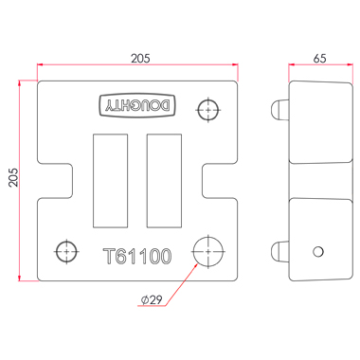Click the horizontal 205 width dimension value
coord(140,59)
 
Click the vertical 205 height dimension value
coord(13,177)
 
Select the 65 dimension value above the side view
coord(319,59)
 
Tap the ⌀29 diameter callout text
coord(152,299)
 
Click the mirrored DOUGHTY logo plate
coord(137,105)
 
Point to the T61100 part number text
coord(137,256)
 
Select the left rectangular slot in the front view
coord(111,181)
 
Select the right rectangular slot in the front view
coord(164,181)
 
